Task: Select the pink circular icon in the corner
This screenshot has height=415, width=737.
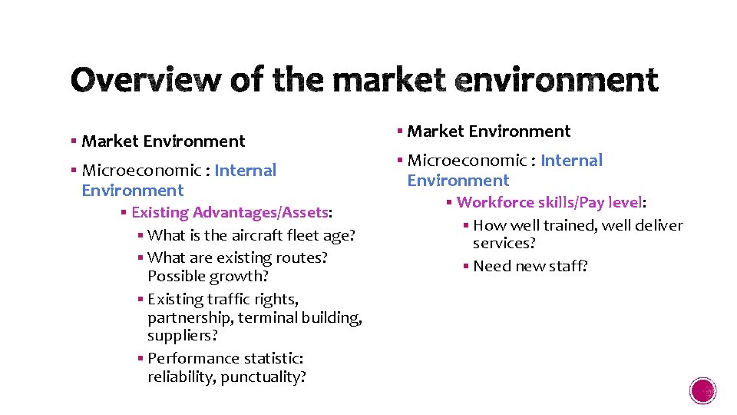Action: (x=703, y=391)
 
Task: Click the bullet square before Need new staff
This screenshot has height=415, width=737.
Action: (x=466, y=267)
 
